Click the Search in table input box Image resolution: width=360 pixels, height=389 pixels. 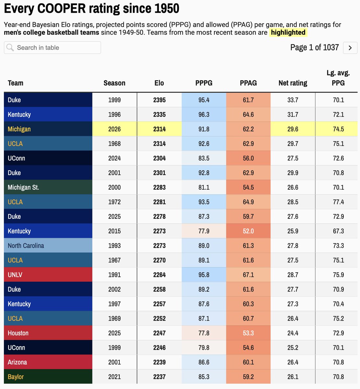53,48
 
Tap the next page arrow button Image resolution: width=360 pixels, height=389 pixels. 350,48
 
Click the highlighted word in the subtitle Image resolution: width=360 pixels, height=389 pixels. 288,32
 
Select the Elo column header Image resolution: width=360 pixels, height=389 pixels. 159,83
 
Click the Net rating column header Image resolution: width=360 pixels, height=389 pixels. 293,83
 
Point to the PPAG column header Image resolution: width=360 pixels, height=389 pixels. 248,83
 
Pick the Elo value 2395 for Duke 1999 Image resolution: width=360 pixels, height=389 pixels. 159,100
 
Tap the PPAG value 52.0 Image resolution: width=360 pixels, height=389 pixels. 248,231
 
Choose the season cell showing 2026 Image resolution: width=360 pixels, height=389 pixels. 114,129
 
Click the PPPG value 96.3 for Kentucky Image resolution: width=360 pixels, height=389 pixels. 204,114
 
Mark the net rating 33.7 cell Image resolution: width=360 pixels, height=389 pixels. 293,100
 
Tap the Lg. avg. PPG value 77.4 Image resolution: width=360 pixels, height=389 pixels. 338,202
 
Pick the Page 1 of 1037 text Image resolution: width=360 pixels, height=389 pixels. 314,48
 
